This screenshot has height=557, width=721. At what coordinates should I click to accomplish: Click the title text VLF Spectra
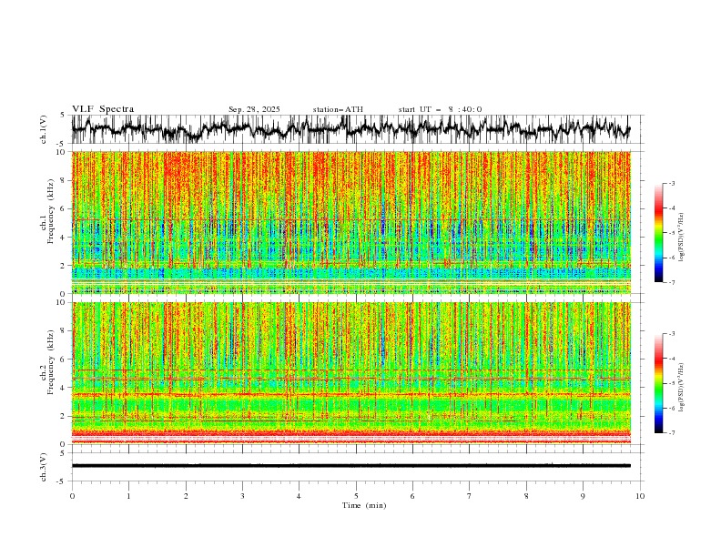103,109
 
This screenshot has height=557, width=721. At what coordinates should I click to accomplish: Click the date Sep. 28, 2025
254,109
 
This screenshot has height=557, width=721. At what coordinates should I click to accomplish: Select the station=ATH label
338,109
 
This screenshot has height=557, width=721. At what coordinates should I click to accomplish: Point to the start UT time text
440,109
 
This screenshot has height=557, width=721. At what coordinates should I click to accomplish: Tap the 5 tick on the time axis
356,496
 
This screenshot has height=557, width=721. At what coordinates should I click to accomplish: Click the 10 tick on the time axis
640,496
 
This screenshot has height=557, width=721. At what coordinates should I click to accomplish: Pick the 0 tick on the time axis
72,496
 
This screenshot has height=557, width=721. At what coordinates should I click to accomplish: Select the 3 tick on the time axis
242,496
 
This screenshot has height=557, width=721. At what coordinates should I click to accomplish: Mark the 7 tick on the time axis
470,496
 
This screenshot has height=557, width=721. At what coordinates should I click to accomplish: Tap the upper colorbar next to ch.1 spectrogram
659,232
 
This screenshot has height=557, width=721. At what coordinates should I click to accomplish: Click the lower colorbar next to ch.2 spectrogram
659,383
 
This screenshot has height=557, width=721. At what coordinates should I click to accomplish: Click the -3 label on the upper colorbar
670,184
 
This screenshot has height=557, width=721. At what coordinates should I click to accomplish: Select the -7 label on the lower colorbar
670,432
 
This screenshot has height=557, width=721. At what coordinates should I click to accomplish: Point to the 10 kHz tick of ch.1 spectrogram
61,152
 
